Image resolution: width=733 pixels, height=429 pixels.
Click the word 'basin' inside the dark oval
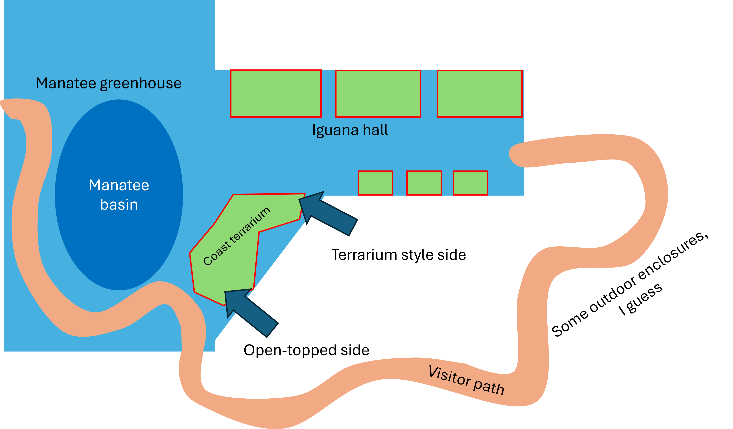point(119,205)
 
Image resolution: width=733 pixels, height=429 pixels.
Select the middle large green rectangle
point(378,94)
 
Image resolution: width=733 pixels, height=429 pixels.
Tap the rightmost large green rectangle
point(480,94)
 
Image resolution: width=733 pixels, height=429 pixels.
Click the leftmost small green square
point(375,183)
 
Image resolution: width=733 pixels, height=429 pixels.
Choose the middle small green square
point(424,183)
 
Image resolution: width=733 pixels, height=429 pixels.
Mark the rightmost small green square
point(470,183)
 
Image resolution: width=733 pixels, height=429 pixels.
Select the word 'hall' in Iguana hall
point(376,130)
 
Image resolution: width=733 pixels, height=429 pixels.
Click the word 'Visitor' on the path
point(450,376)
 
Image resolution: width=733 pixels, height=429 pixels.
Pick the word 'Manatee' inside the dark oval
point(119,185)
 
